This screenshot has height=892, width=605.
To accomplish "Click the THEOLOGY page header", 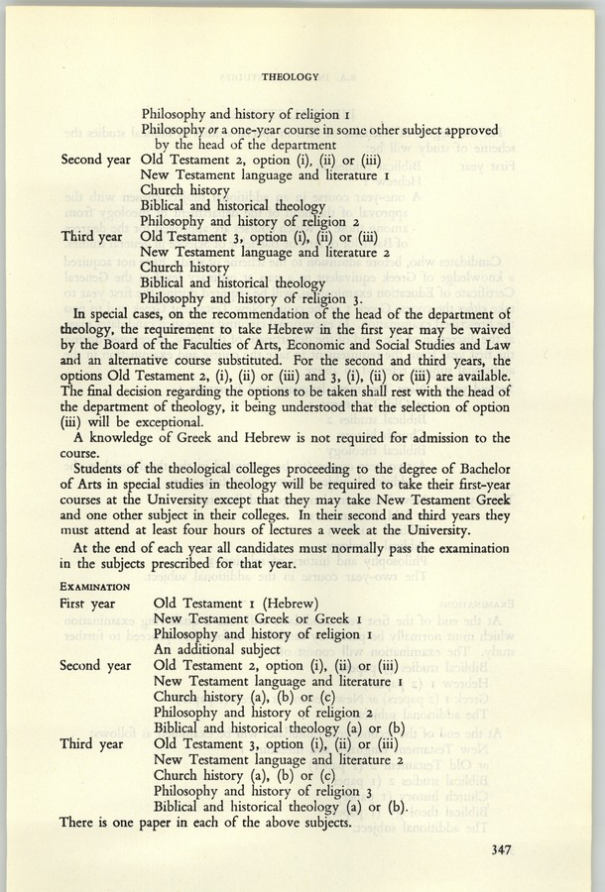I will pyautogui.click(x=291, y=75).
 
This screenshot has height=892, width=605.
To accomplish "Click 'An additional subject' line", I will pyautogui.click(x=218, y=648).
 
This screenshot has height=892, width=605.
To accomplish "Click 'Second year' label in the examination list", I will pyautogui.click(x=95, y=664).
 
